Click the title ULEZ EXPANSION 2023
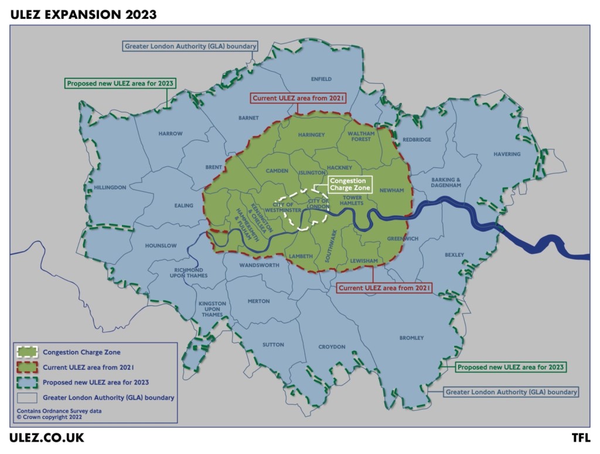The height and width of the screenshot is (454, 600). [x=83, y=15]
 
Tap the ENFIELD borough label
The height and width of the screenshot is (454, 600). [x=321, y=79]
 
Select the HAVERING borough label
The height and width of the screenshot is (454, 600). [x=507, y=154]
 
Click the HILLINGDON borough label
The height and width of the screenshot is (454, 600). [x=110, y=187]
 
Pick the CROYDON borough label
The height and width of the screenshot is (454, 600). [x=332, y=347]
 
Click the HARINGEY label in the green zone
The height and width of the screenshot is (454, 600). [x=311, y=135]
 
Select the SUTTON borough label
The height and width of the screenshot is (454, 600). [x=273, y=345]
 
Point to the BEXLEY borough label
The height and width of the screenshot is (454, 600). [x=454, y=254]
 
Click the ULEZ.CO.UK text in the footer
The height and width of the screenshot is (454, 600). [x=47, y=438]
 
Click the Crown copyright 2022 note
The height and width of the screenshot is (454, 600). [x=50, y=417]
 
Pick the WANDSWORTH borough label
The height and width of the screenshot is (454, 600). [x=260, y=265]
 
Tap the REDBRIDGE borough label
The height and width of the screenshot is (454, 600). [x=417, y=140]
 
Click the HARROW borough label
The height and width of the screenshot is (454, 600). [x=171, y=133]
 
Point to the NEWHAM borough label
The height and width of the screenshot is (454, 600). [x=392, y=190]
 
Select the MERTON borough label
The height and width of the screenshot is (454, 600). [x=258, y=301]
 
